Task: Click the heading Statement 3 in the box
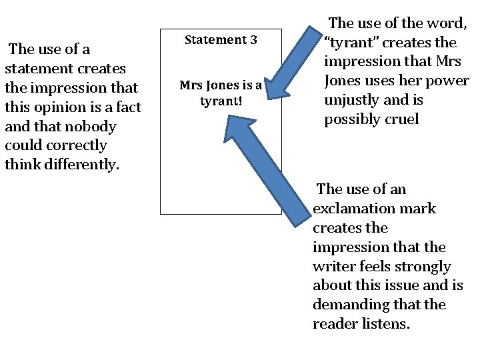(221, 40)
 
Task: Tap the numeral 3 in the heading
(253, 40)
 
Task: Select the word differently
(80, 165)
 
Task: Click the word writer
(334, 267)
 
